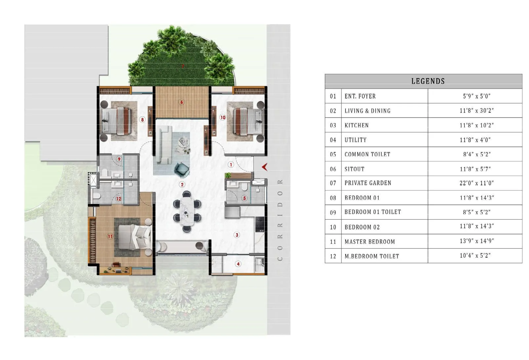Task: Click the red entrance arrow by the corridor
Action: point(264,167)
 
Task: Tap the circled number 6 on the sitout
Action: point(182,102)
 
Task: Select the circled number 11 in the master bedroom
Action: point(110,236)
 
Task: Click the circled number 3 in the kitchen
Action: point(237,235)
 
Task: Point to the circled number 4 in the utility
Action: point(238,264)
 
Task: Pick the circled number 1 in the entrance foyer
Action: point(231,164)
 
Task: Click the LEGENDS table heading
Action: point(428,81)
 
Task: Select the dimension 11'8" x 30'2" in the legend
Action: point(476,111)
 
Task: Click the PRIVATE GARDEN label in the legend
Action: point(368,183)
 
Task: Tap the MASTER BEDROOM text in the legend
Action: point(370,242)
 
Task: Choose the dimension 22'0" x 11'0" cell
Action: point(476,183)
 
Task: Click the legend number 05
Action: point(333,154)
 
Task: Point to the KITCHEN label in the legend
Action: point(356,125)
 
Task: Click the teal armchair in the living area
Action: point(182,169)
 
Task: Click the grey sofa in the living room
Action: point(163,144)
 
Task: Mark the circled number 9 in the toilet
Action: point(119,159)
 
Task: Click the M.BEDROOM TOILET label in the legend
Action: point(372,256)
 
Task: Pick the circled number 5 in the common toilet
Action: point(245,198)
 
